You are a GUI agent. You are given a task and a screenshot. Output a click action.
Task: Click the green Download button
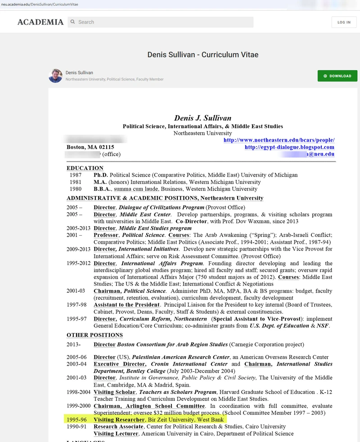coord(337,76)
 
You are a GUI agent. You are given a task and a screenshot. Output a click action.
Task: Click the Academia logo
coord(40,22)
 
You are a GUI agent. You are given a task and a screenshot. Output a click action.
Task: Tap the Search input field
coord(162,22)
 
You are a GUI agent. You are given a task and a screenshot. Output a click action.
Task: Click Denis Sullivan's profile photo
coord(55,76)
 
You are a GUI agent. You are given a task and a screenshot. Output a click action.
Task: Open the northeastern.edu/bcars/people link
coord(279,140)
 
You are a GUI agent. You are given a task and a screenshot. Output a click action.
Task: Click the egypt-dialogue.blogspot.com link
coord(289,147)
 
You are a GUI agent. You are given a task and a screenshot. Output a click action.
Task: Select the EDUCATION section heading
coord(85,168)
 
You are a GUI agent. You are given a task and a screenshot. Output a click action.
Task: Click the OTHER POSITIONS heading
coord(94,335)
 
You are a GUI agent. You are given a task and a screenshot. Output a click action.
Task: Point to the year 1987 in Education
coord(76,175)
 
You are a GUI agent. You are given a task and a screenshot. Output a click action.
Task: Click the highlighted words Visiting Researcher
coord(119,420)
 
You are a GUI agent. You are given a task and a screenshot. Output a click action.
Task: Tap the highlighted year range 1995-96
coord(76,420)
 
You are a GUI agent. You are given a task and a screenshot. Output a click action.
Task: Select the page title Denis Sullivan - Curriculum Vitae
coord(203,54)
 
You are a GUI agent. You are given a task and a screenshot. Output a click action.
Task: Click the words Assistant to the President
coord(126,305)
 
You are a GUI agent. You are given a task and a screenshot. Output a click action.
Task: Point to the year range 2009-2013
coord(79,249)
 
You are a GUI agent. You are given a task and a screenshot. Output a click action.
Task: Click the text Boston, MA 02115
coord(90,147)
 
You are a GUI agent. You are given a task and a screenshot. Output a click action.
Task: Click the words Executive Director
coord(120,364)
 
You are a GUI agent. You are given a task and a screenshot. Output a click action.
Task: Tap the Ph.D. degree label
coord(101,175)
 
